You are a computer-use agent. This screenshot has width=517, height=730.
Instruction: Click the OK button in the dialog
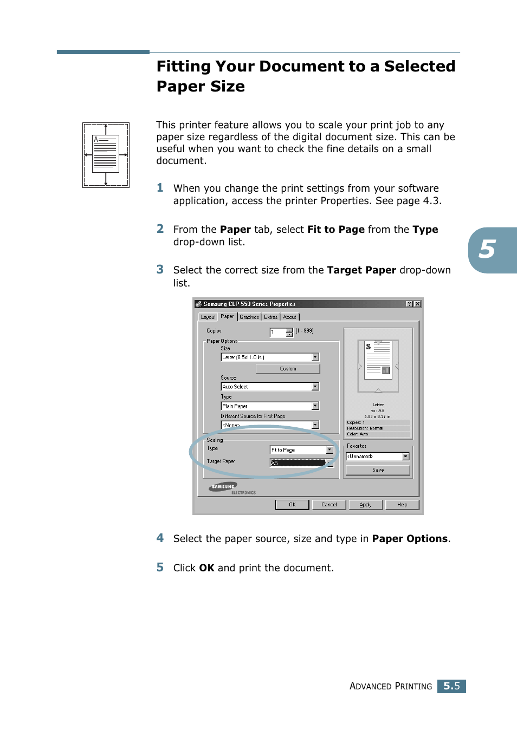click(x=292, y=505)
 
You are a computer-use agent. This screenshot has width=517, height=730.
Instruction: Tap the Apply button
click(x=366, y=505)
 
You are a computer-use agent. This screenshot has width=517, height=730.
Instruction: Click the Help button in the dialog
click(x=402, y=505)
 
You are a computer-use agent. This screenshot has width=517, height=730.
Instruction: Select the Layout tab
click(x=208, y=317)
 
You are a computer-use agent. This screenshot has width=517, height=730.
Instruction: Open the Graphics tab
click(x=249, y=317)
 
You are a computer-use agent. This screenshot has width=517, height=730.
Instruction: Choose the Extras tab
click(x=271, y=317)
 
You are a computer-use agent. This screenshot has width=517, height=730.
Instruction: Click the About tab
click(x=289, y=317)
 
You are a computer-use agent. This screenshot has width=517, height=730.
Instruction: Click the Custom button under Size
click(x=288, y=369)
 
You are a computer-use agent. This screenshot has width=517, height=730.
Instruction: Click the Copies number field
click(x=277, y=333)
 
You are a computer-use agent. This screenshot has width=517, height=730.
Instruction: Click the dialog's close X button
click(x=417, y=304)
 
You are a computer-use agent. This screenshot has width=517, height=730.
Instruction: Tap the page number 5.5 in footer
click(x=451, y=686)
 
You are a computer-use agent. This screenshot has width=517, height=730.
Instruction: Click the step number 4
click(x=160, y=538)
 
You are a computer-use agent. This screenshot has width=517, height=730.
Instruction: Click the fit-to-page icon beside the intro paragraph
click(x=106, y=155)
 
